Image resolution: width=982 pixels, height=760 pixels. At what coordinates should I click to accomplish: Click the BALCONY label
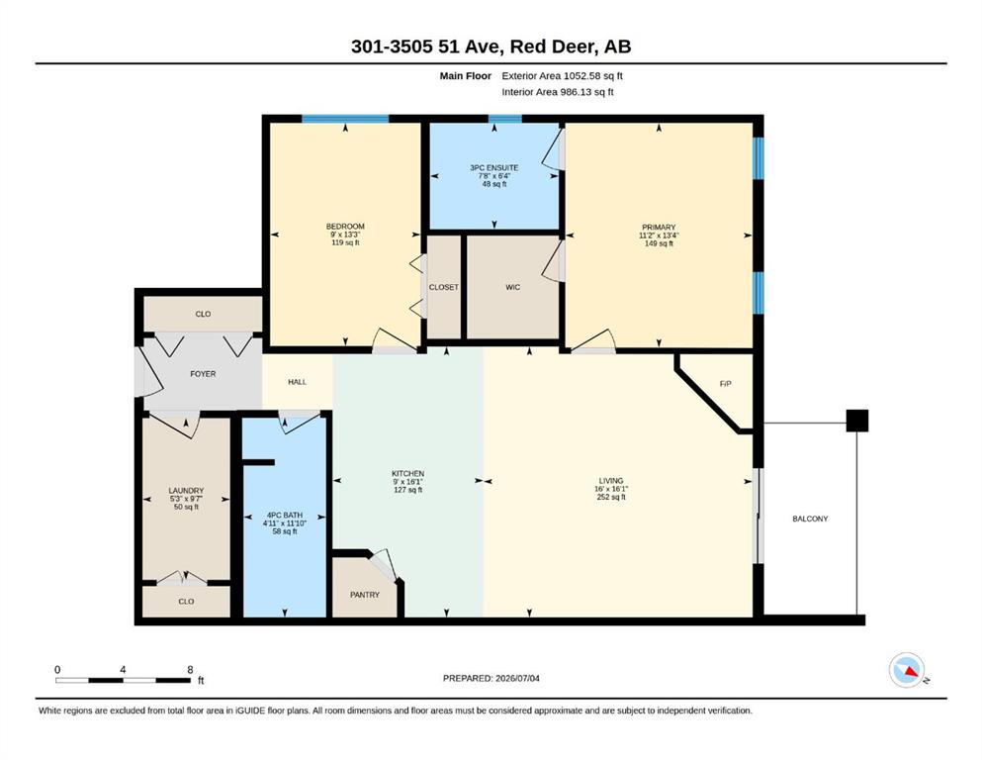[x=810, y=519]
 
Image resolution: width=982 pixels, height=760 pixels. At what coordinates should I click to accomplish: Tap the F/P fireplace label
[x=725, y=383]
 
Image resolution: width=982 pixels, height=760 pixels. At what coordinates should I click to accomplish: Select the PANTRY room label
[x=365, y=595]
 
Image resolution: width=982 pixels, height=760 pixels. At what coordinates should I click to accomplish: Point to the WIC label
[x=512, y=287]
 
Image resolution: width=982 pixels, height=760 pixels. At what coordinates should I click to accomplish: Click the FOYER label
[x=203, y=374]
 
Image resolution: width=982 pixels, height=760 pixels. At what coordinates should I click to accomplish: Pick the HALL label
[x=298, y=382]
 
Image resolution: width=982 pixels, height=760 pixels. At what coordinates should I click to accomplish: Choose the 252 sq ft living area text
[x=611, y=497]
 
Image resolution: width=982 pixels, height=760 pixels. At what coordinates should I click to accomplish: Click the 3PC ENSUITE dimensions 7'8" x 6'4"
[x=494, y=176]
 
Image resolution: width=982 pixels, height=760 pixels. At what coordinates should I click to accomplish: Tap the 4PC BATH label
[x=285, y=515]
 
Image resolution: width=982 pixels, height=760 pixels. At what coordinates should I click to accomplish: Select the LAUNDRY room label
[x=186, y=491]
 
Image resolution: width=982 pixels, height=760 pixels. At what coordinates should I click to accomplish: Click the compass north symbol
[x=907, y=670]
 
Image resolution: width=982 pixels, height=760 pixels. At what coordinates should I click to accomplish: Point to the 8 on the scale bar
[x=190, y=670]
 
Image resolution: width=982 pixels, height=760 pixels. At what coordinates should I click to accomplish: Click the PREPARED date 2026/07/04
[x=517, y=678]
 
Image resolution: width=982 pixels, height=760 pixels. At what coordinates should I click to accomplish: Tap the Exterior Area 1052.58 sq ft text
[x=562, y=76]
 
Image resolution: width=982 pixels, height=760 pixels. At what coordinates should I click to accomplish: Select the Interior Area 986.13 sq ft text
[x=558, y=92]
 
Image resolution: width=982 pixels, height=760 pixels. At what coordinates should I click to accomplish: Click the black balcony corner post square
[x=857, y=421]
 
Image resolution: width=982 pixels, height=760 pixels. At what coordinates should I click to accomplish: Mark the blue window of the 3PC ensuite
[x=504, y=119]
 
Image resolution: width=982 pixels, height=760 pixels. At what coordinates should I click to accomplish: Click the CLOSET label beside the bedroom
[x=443, y=287]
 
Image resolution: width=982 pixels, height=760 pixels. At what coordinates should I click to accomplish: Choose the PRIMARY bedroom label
[x=659, y=228]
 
